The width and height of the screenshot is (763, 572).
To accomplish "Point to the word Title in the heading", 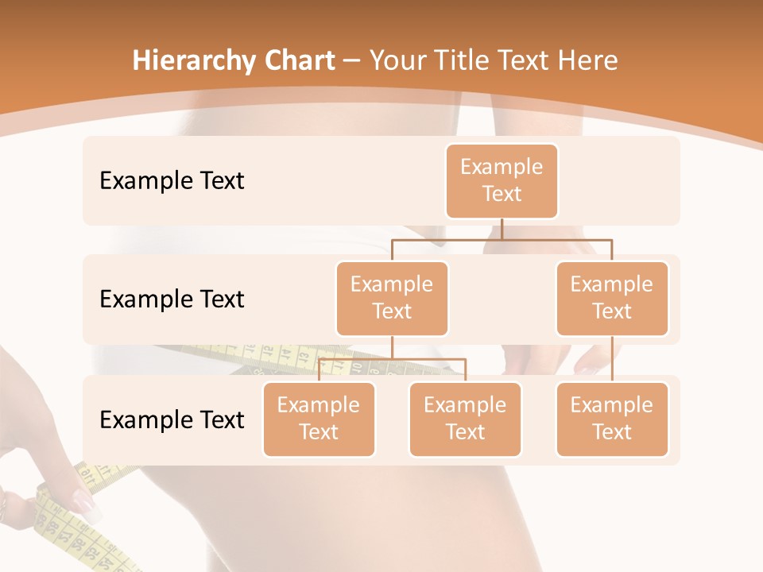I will [x=467, y=60].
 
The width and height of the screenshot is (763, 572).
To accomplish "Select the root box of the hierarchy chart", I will [x=502, y=180].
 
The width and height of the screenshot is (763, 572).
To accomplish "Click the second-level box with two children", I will [x=392, y=298].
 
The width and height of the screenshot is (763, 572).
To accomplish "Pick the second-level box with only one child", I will [x=612, y=298].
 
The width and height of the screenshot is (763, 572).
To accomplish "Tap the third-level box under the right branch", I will [x=612, y=419].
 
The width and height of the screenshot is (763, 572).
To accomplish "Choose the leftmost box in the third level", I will [x=319, y=419].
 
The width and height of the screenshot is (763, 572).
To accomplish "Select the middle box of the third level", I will [x=465, y=419].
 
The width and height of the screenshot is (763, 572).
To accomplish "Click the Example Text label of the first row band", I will [x=172, y=181].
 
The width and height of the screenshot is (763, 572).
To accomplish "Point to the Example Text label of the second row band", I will [x=172, y=300].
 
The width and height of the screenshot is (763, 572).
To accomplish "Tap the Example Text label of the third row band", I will [x=172, y=419].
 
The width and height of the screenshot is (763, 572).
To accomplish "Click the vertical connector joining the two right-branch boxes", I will [x=612, y=359].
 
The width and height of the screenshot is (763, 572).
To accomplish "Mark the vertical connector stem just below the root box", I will [x=502, y=228].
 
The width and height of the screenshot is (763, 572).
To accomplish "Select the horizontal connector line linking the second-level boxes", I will [x=502, y=238].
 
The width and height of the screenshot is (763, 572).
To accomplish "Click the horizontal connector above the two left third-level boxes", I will [x=392, y=359].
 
